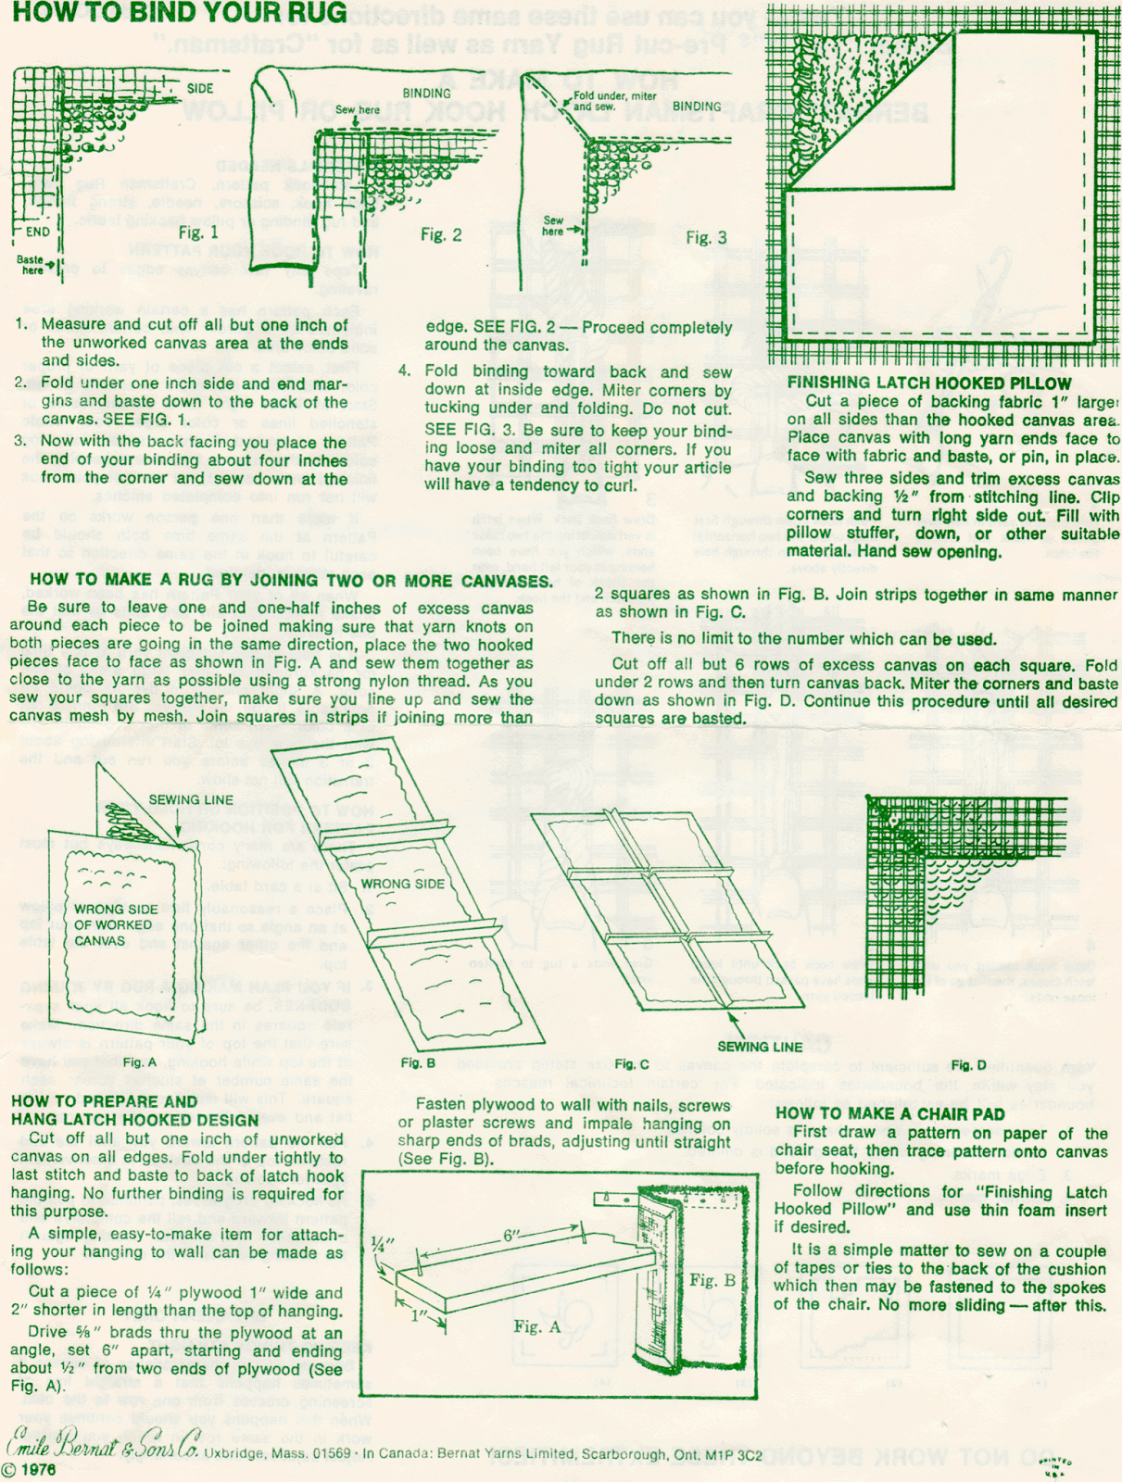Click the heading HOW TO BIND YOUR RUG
[180, 13]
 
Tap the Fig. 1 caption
[198, 232]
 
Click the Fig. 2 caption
[440, 234]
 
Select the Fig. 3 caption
[706, 238]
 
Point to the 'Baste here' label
[31, 265]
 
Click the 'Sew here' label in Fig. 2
[357, 110]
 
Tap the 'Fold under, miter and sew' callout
[614, 101]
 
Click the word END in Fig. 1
[38, 232]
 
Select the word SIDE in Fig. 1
[200, 89]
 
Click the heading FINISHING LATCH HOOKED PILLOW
[929, 383]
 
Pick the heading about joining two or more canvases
[291, 581]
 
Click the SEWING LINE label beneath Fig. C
[760, 1047]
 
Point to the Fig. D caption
[968, 1065]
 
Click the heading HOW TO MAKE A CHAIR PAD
[889, 1113]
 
